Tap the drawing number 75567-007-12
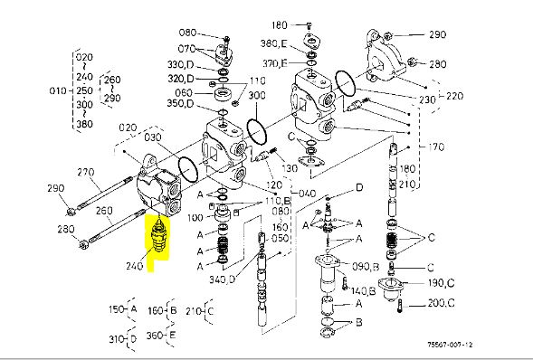coord(450,345)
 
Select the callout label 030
coord(153,137)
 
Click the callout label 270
coord(86,172)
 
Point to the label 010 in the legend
coord(58,90)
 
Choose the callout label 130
coord(290,168)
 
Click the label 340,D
coord(222,279)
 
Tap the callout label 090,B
coord(366,266)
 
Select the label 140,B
coord(363,291)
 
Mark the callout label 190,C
coord(442,282)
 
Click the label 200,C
coord(441,303)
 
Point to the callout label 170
coord(436,147)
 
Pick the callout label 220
coord(454,96)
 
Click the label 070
coord(186,49)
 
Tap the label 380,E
coord(273,43)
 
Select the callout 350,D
coord(180,103)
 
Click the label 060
coord(184,92)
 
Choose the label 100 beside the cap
coord(195,217)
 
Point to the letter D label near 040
coord(359,187)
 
